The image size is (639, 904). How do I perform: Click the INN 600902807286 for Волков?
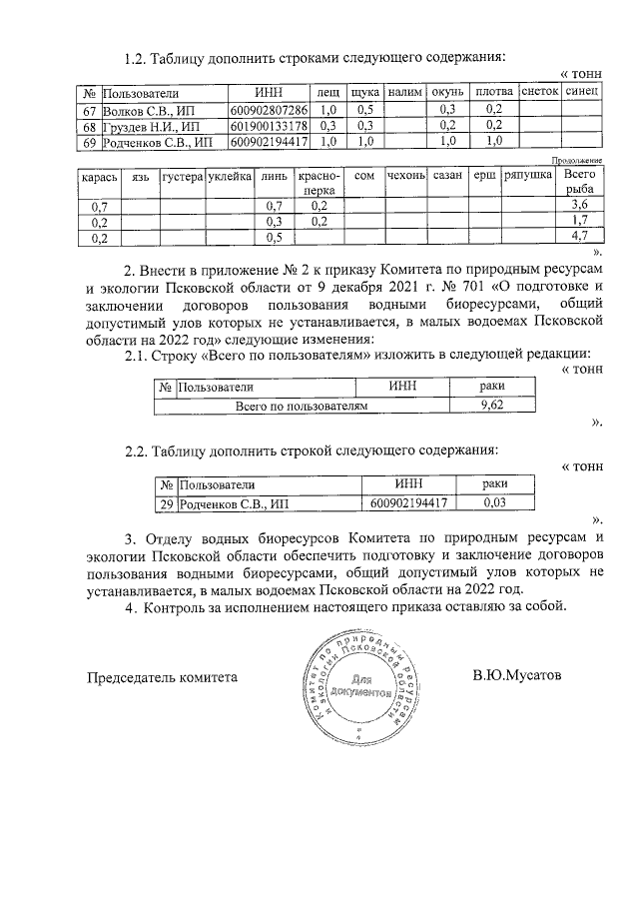click(x=269, y=108)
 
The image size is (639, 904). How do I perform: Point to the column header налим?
click(x=405, y=91)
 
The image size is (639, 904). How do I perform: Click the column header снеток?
click(x=539, y=91)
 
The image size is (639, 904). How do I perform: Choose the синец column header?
click(x=582, y=91)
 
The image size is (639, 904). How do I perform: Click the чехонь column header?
click(x=405, y=175)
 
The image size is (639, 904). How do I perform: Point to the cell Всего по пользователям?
click(x=302, y=406)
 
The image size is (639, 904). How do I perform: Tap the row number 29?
click(x=166, y=503)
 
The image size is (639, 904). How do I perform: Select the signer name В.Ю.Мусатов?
click(x=517, y=675)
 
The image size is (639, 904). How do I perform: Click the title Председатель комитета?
click(x=162, y=676)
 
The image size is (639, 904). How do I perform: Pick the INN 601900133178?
click(x=269, y=125)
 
